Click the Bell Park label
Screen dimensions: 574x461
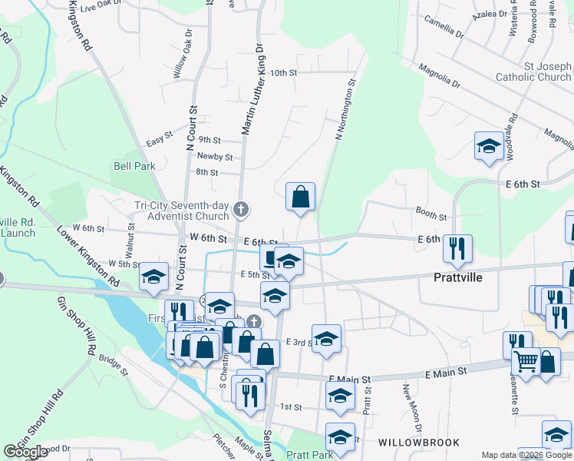click(134, 166)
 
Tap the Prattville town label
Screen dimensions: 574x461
click(457, 277)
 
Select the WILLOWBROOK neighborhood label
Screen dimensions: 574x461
click(418, 443)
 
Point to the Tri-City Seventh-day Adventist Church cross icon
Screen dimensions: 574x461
click(241, 208)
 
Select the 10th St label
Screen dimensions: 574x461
click(283, 73)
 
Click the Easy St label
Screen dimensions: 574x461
click(160, 144)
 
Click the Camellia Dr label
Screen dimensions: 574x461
click(444, 29)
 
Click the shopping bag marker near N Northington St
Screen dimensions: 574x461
click(300, 197)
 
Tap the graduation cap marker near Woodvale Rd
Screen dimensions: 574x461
click(488, 147)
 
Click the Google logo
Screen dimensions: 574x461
click(26, 452)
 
